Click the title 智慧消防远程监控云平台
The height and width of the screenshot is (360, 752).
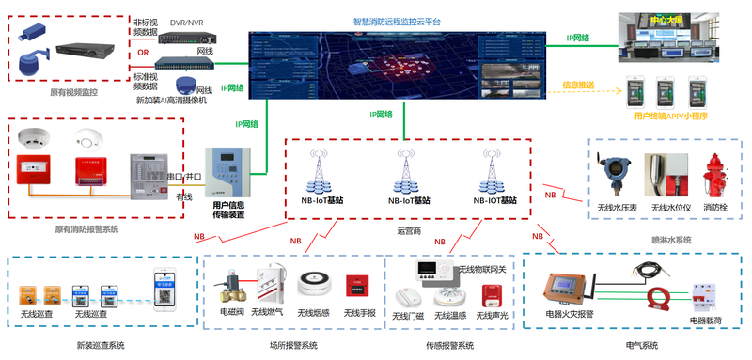(397, 20)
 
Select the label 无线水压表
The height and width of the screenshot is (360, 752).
(618, 207)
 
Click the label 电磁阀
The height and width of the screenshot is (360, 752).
(231, 312)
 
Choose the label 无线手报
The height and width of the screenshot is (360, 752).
(359, 312)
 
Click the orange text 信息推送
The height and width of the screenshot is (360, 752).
(578, 85)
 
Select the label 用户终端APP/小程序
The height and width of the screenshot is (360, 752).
(670, 117)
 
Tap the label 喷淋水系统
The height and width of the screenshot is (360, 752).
(672, 241)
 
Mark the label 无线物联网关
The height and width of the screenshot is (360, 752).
(481, 270)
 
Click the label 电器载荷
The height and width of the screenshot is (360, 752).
(710, 321)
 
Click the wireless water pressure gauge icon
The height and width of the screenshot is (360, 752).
(616, 175)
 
